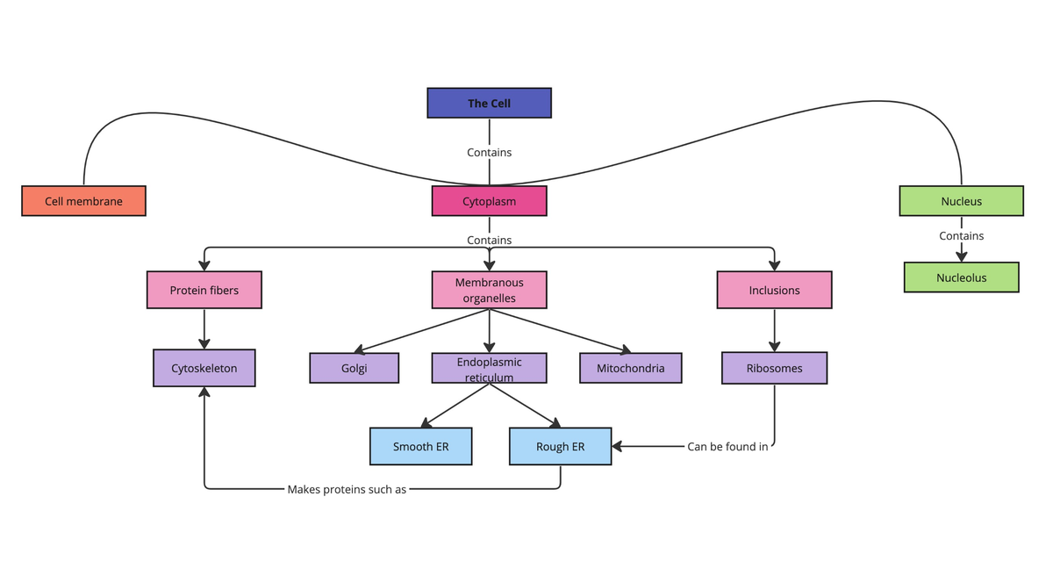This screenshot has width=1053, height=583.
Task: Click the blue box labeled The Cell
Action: pos(489,103)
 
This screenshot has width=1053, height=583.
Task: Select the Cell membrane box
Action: pos(83,201)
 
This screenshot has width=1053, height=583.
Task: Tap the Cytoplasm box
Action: pos(489,201)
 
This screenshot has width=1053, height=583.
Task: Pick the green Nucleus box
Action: pos(961,201)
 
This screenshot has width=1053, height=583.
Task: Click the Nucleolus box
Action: pos(961,277)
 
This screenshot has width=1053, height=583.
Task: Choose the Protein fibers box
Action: pos(204,290)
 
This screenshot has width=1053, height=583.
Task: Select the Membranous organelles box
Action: pos(489,290)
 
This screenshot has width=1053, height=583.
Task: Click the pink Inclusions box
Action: pos(774,290)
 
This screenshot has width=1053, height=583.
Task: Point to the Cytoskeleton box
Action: pos(204,368)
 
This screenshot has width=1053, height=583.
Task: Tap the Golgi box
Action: pos(354,368)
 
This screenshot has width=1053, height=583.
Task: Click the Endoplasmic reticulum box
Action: pos(489,368)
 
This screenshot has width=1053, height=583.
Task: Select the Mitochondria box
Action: pos(630,368)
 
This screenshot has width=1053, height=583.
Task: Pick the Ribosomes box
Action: pos(774,368)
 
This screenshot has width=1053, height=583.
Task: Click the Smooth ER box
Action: pos(420,446)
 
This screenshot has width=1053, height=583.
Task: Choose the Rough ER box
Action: pos(560,446)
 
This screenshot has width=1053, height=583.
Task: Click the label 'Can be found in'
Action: pos(727,446)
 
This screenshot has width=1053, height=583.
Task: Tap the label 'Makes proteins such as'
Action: pos(347,489)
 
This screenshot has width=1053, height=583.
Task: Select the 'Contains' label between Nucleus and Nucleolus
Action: pos(961,235)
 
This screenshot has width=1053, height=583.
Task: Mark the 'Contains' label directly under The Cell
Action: pos(489,152)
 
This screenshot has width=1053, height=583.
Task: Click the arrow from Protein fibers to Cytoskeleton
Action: pos(204,329)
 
